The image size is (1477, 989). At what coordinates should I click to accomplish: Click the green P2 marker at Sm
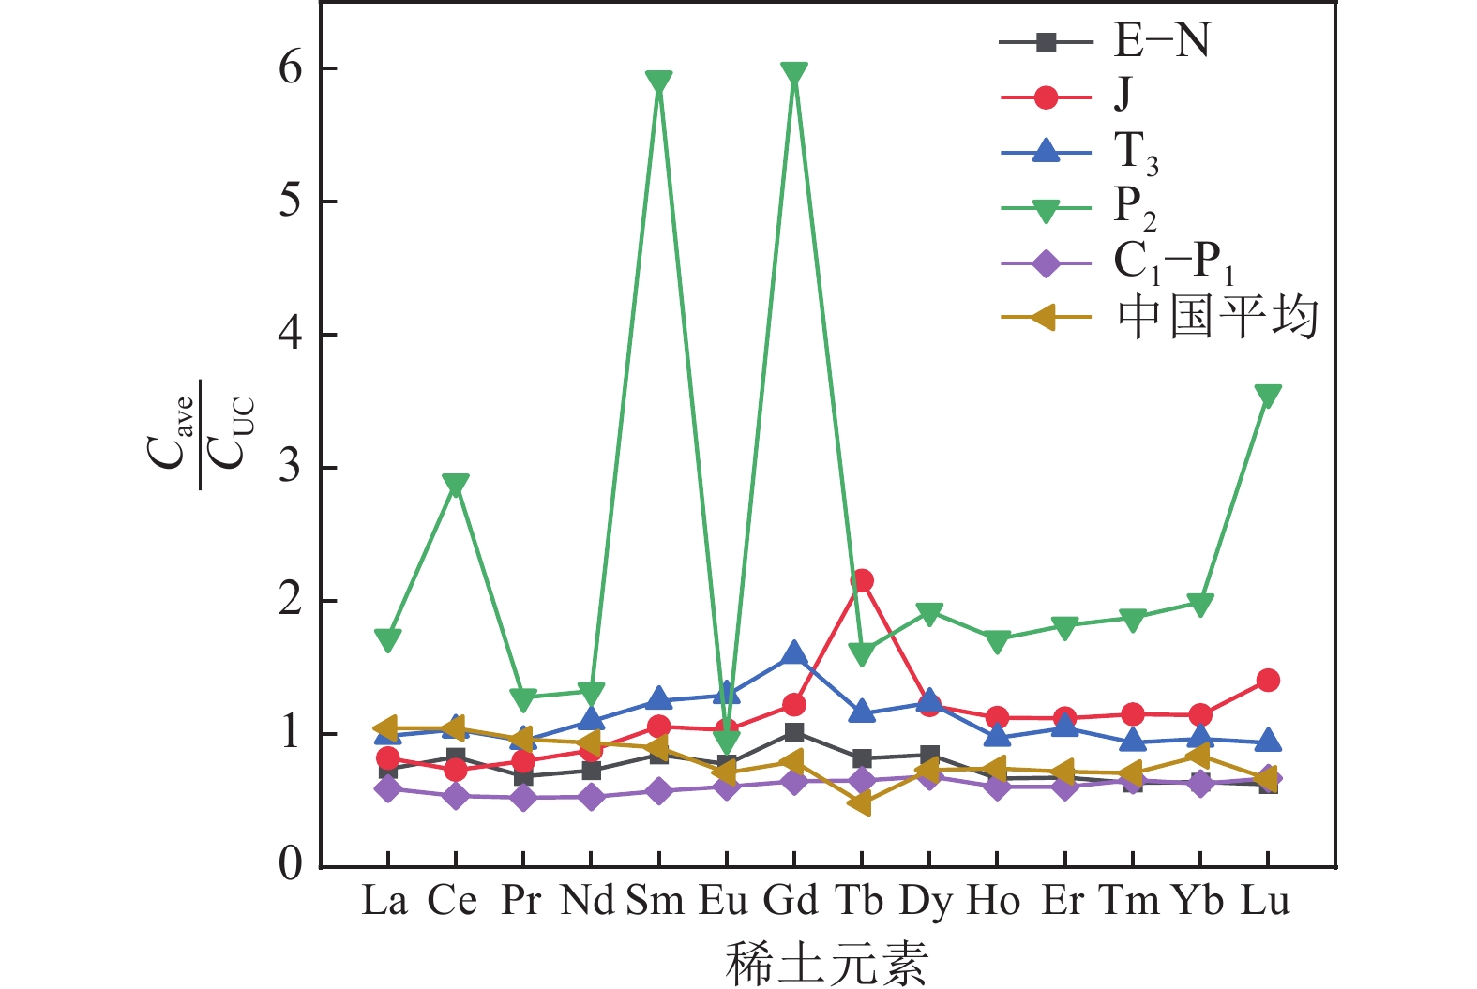point(658,82)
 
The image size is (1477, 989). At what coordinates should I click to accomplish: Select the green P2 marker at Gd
point(793,74)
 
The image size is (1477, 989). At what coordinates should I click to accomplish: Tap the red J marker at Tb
point(862,580)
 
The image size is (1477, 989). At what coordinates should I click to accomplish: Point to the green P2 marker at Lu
point(1268,396)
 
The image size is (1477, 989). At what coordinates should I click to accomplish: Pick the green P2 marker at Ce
point(456,485)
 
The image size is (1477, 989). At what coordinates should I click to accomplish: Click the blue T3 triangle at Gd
point(793,653)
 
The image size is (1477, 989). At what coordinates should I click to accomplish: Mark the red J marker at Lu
point(1268,680)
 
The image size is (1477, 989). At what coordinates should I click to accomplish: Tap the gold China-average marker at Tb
point(861,803)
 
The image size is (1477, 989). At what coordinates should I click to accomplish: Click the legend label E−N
point(1161,41)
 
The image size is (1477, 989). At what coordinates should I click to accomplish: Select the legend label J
point(1123,94)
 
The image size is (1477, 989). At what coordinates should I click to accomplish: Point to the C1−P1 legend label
point(1172,263)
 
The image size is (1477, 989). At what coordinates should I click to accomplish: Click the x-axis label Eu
point(724,901)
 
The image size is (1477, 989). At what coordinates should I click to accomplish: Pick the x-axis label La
point(384,901)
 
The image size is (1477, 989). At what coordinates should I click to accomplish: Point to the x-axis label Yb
point(1198,901)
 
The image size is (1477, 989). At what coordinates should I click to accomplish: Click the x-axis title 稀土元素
point(826,963)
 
